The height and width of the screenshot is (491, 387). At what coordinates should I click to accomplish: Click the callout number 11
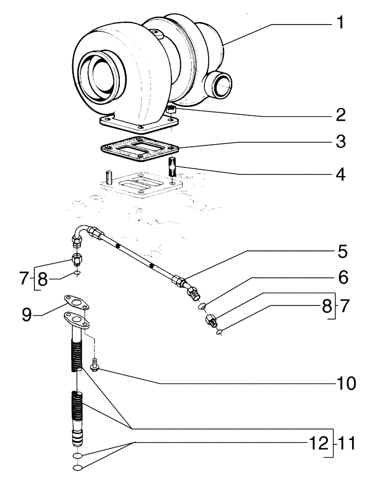point(346,445)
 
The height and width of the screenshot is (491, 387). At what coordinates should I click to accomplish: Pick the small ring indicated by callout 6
point(201,307)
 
